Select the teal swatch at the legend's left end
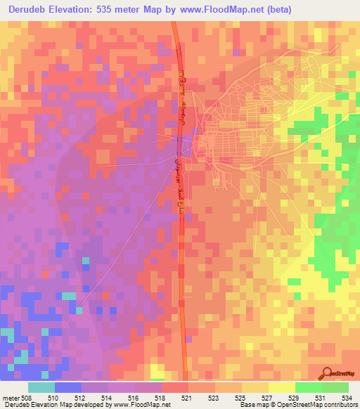41,387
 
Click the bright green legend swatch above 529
308,387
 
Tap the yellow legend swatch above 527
281,387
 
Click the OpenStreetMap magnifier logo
327,373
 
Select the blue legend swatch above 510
68,387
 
